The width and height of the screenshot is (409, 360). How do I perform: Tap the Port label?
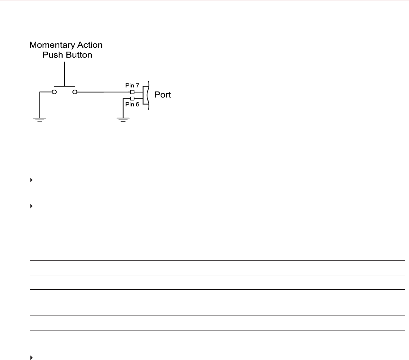click(x=162, y=95)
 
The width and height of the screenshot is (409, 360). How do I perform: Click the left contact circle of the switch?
click(x=54, y=92)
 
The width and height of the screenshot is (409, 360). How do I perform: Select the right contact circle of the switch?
click(x=75, y=92)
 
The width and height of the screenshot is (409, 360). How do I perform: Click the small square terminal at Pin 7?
click(x=132, y=92)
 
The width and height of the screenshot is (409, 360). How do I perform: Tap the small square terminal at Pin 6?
click(x=132, y=99)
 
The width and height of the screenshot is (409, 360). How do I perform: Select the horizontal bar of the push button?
click(x=64, y=86)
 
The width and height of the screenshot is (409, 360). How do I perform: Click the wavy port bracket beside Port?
click(x=147, y=95)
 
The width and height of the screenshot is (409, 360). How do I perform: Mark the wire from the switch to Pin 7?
click(x=103, y=92)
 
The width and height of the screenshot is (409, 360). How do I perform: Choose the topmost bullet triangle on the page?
click(x=31, y=180)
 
